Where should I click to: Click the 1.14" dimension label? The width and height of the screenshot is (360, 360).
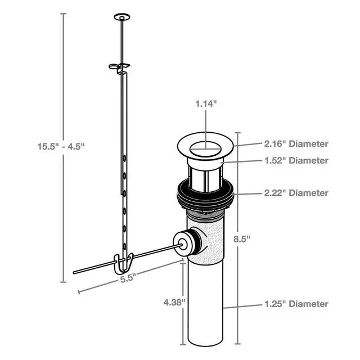pyautogui.click(x=206, y=103)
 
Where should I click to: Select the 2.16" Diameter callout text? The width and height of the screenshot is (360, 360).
pyautogui.click(x=296, y=144)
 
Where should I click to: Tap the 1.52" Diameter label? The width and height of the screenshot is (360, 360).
pyautogui.click(x=296, y=160)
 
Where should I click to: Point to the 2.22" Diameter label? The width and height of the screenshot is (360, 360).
pyautogui.click(x=296, y=193)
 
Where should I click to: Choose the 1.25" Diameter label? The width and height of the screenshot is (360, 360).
pyautogui.click(x=296, y=304)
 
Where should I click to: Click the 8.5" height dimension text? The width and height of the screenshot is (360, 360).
pyautogui.click(x=241, y=239)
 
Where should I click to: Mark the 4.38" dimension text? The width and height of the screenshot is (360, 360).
pyautogui.click(x=174, y=303)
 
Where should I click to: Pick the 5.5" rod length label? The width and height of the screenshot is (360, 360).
pyautogui.click(x=127, y=278)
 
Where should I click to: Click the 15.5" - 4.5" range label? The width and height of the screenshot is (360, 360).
pyautogui.click(x=61, y=146)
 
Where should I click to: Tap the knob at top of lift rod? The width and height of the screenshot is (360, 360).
pyautogui.click(x=122, y=17)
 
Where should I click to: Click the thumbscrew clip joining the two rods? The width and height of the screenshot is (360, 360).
pyautogui.click(x=119, y=67)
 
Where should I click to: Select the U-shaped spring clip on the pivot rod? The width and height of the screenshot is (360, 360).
pyautogui.click(x=123, y=264)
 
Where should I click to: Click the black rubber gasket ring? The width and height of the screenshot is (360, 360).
pyautogui.click(x=205, y=195)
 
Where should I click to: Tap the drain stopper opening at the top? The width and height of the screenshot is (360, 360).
pyautogui.click(x=205, y=149)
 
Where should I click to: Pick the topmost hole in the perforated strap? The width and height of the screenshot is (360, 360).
pyautogui.click(x=124, y=158)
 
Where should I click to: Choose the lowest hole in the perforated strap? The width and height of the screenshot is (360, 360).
pyautogui.click(x=124, y=246)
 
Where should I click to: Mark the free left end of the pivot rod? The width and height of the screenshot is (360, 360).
pyautogui.click(x=74, y=272)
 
